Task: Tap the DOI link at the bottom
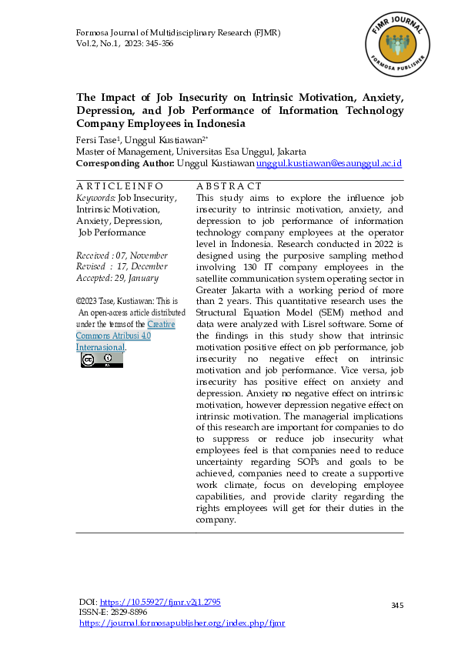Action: tap(160, 602)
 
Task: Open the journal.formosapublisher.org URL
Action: tap(182, 623)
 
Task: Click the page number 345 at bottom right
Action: tap(397, 606)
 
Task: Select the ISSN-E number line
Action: tap(115, 613)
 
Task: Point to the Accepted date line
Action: tap(117, 278)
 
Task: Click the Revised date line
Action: tap(122, 266)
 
